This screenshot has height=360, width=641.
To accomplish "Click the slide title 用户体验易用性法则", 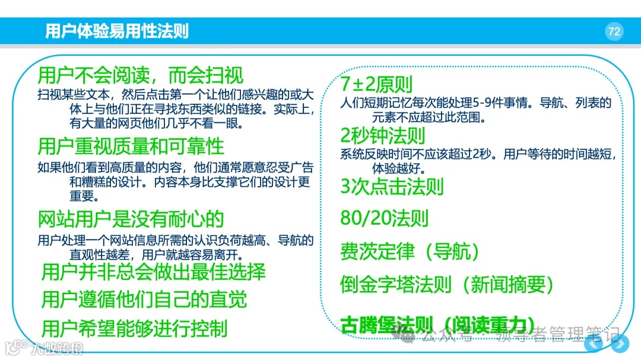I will (117, 31).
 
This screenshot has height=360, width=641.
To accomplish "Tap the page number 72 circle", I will (614, 31).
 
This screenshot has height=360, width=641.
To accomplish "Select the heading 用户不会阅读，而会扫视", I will (140, 76).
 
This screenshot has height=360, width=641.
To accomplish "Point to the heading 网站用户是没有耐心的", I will (131, 219).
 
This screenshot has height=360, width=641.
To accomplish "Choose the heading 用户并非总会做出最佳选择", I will (153, 272).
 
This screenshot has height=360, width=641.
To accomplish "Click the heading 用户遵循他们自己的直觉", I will (144, 300).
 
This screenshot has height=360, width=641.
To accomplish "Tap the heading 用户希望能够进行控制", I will (134, 328).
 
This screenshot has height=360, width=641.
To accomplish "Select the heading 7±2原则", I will (376, 85).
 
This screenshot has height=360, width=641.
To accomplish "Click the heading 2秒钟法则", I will (383, 136).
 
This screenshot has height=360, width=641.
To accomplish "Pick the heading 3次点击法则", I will (392, 187).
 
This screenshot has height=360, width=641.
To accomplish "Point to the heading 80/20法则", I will (384, 218).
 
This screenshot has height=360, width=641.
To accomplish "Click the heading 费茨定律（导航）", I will (410, 251).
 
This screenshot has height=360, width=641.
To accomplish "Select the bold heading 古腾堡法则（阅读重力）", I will (436, 324).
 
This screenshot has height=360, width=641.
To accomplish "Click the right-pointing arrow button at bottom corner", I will (620, 344).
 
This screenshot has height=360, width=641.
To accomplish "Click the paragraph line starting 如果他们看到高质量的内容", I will (176, 168).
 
